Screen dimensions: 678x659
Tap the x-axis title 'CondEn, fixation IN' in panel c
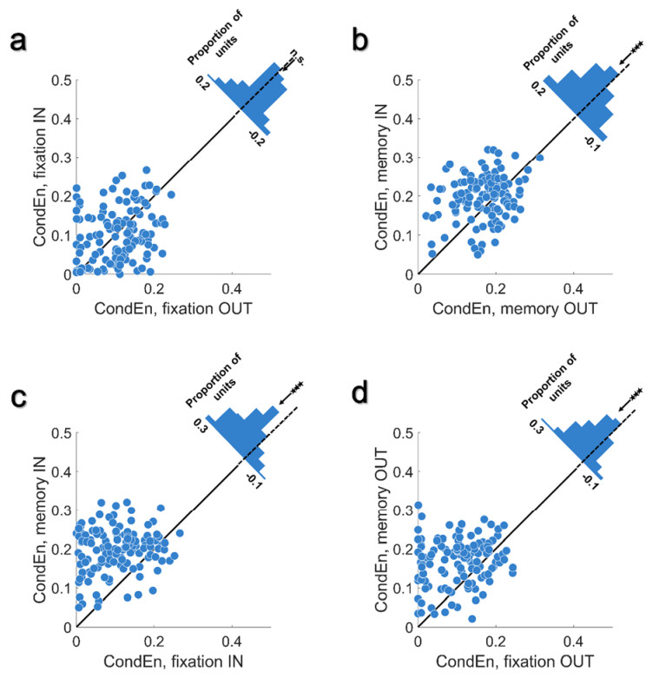pyautogui.click(x=174, y=659)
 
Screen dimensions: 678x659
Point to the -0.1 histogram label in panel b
pyautogui.click(x=590, y=142)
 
